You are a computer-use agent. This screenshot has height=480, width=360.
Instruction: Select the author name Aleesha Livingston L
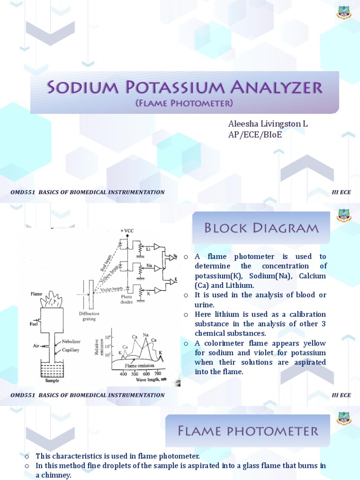[268, 124]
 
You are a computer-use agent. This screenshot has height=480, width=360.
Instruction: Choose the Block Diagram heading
[261, 228]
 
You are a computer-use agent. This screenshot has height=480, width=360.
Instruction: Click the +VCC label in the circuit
[127, 231]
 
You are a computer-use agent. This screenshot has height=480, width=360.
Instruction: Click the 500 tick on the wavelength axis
[135, 374]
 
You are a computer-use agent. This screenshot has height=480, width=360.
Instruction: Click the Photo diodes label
[127, 299]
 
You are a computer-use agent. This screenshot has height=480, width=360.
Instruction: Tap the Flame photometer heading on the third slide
[248, 431]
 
